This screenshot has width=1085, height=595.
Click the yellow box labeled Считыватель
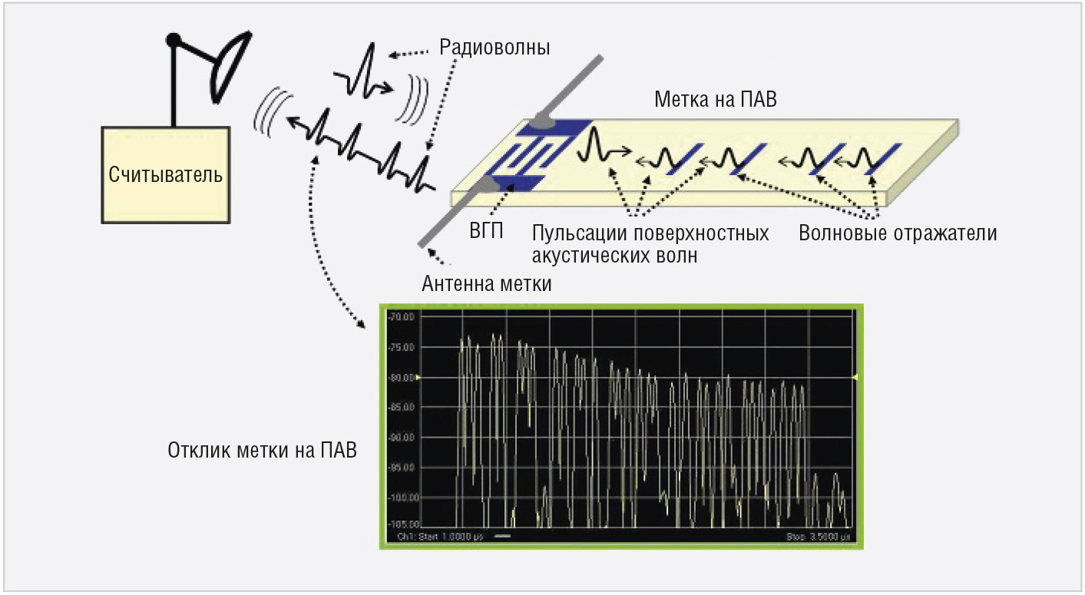[166, 175]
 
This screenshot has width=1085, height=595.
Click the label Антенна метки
[487, 284]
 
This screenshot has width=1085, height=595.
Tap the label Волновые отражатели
[898, 233]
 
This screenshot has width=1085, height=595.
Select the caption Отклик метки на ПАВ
[263, 449]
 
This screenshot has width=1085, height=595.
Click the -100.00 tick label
[399, 497]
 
